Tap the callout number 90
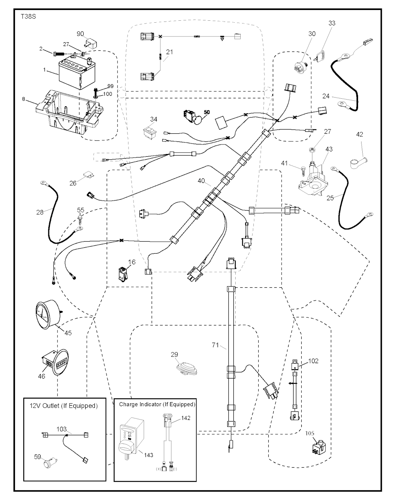tap(81, 34)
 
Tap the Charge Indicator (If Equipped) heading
tap(157, 404)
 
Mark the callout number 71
tap(215, 345)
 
